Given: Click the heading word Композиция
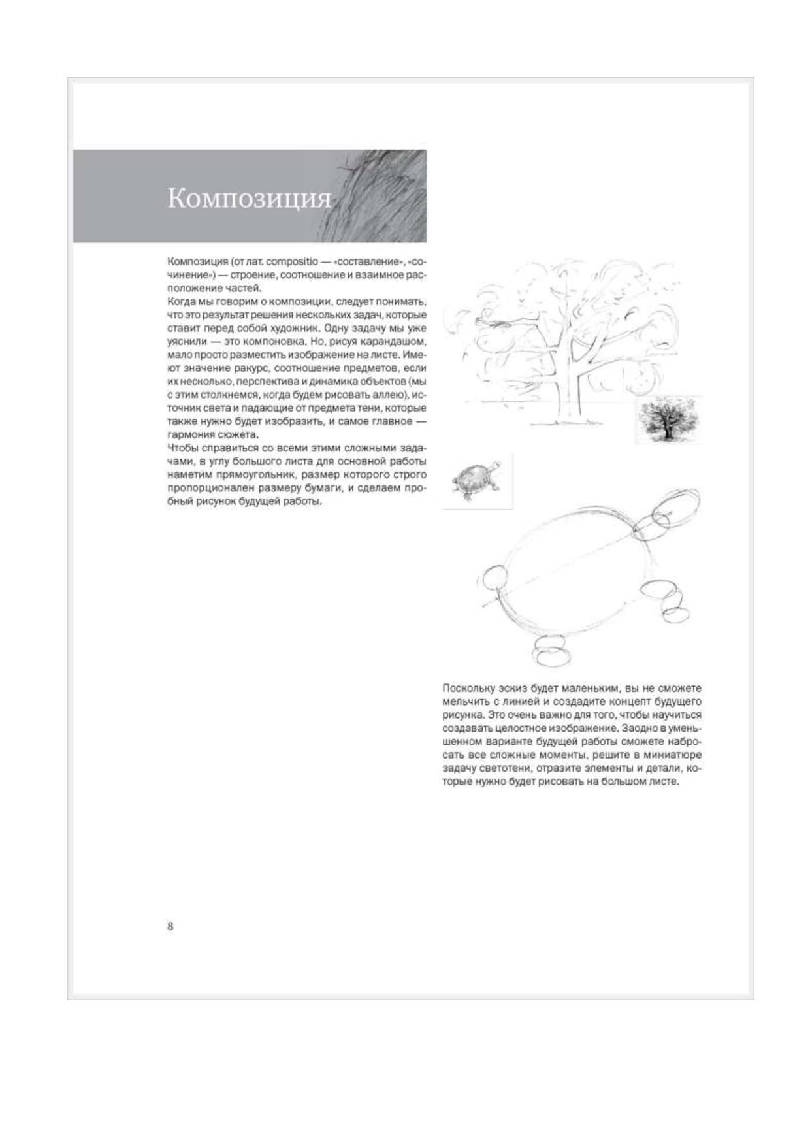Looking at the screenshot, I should click(249, 199).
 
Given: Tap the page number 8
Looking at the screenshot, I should click(170, 926).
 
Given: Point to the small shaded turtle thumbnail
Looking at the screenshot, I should click(477, 481).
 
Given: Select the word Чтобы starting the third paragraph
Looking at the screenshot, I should click(183, 448).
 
